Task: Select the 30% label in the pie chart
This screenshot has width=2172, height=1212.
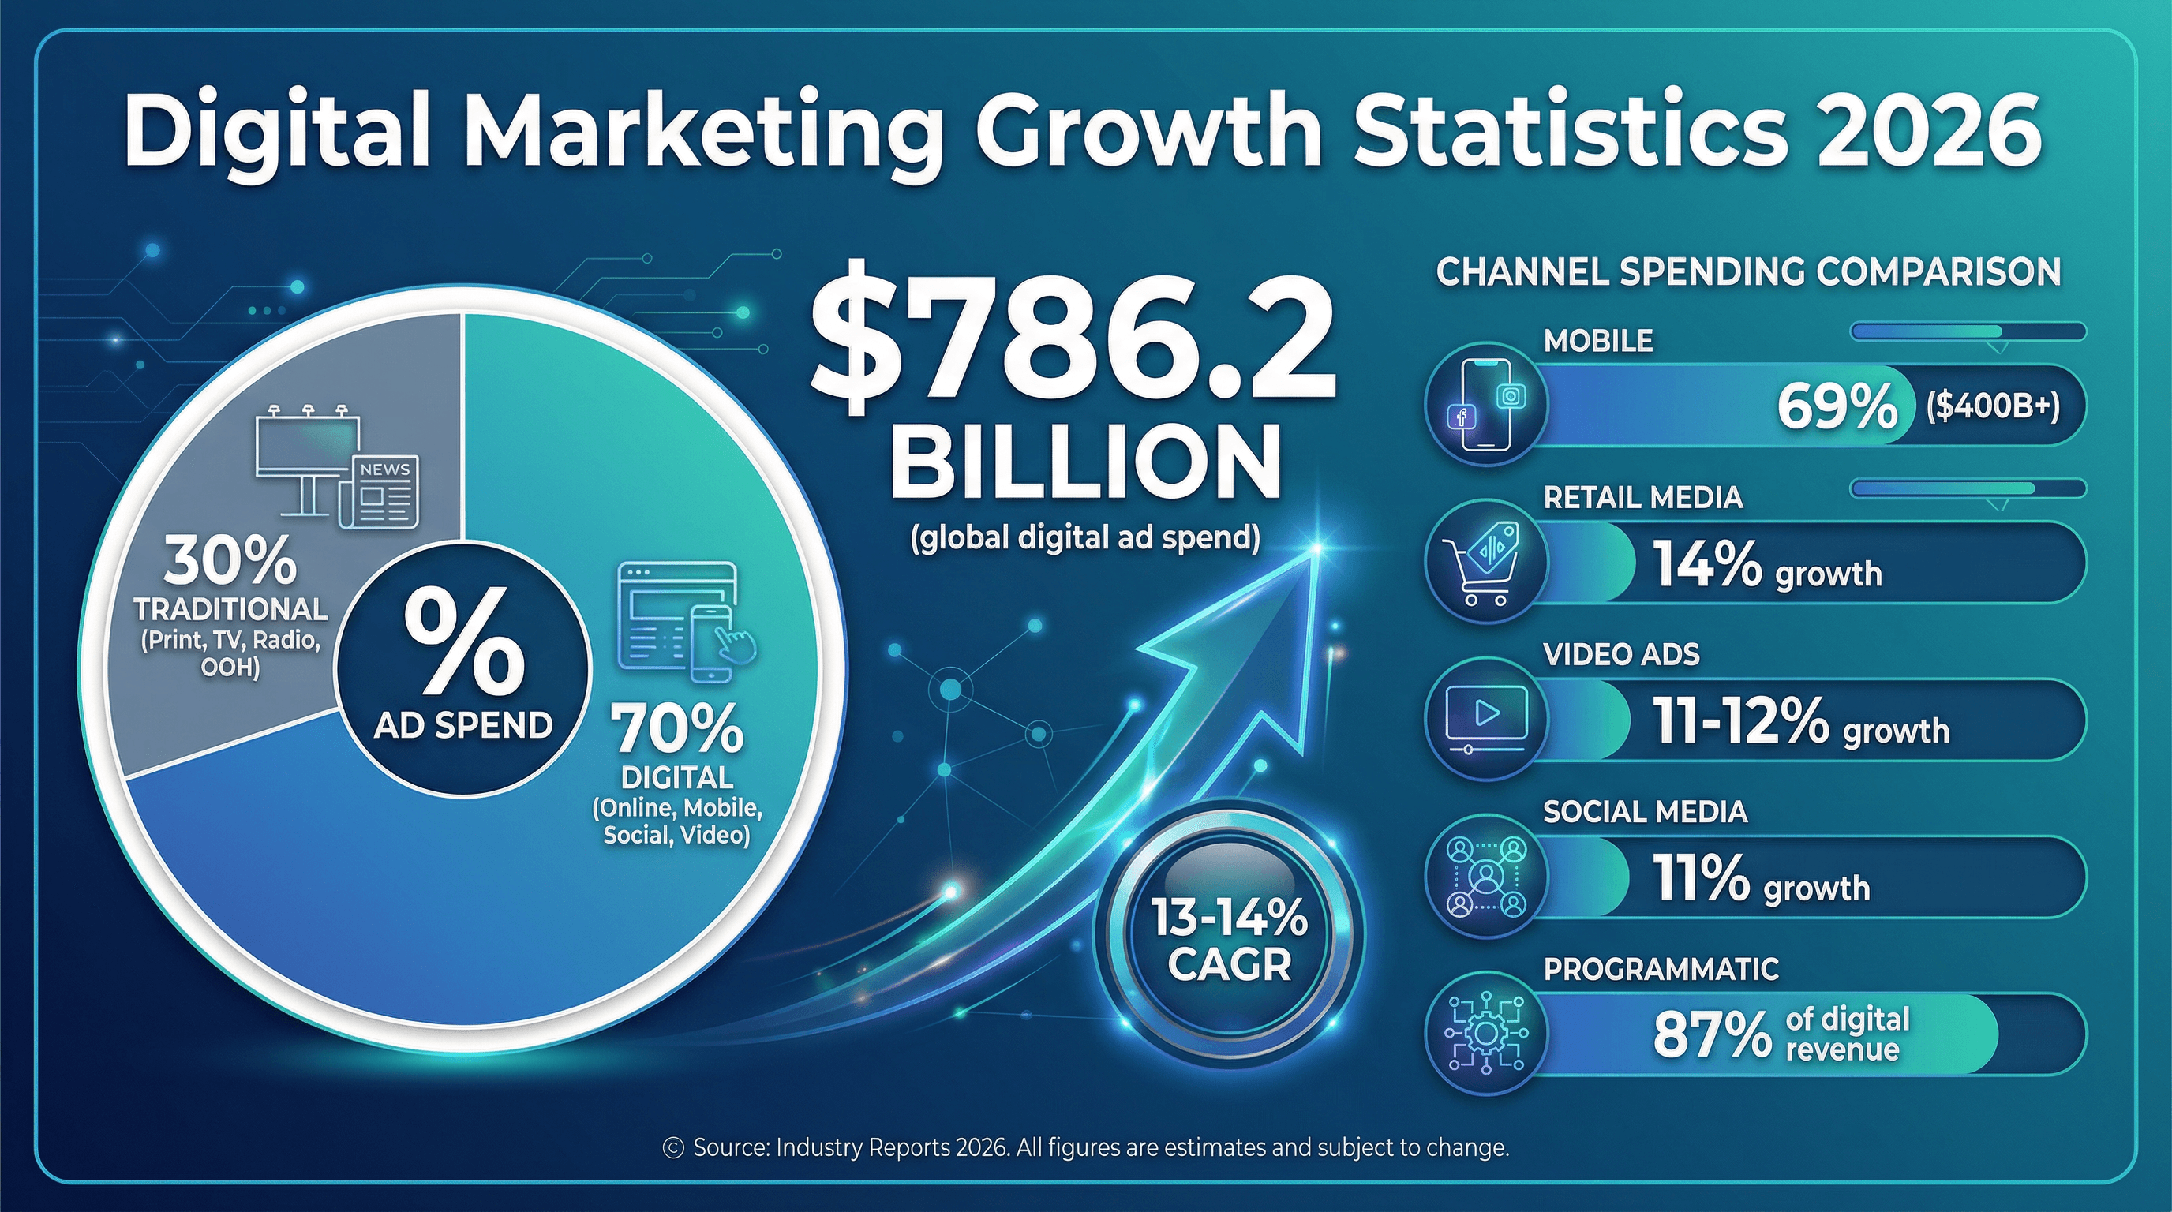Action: [x=230, y=562]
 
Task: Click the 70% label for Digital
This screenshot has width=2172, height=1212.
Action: [x=680, y=729]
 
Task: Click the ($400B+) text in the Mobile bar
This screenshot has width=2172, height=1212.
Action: [x=1992, y=406]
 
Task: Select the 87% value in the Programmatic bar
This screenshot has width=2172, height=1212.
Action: [x=1712, y=1034]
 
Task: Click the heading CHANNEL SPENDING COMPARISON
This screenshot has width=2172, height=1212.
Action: [x=1748, y=272]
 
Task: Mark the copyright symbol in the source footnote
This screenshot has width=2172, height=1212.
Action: [x=673, y=1148]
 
